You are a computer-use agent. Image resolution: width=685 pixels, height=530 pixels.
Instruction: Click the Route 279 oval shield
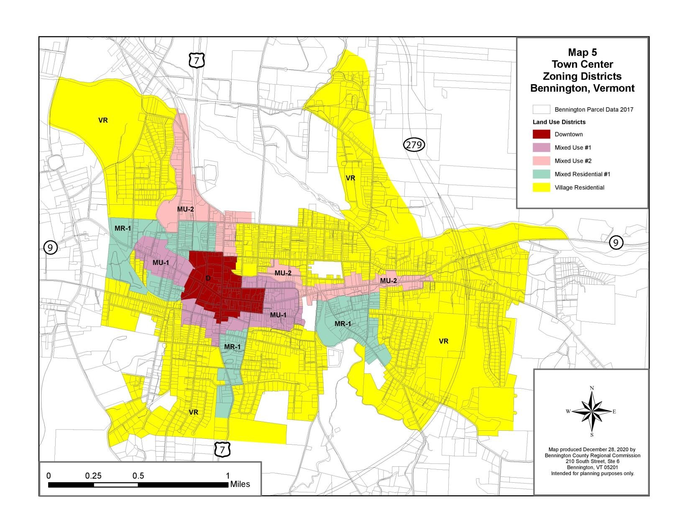tap(414, 145)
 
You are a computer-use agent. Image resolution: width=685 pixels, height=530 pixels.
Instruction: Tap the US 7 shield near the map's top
tap(196, 60)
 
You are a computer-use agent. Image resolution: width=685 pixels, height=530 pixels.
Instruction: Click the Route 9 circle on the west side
tap(50, 248)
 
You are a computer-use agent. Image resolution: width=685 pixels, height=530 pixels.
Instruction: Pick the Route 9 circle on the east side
tap(616, 242)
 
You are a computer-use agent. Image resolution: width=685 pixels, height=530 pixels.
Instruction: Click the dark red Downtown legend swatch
tap(541, 134)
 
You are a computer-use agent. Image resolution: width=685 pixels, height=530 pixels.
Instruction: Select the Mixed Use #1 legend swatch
tap(541, 148)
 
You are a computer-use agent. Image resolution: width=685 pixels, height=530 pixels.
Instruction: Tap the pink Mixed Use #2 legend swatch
tap(541, 161)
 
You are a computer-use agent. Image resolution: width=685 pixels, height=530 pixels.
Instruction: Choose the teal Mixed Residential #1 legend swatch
tap(541, 174)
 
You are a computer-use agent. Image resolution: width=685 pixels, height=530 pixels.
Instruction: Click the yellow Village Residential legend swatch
tap(541, 188)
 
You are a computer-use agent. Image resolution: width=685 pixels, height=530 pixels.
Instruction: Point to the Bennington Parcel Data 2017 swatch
tap(541, 110)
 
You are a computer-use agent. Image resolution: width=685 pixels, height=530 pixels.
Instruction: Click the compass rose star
tap(592, 411)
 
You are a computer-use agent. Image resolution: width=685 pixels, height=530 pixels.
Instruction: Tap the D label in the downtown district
tap(208, 278)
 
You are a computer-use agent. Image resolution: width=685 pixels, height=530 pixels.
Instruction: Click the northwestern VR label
tap(103, 120)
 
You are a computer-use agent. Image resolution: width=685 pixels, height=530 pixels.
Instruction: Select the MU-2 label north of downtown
tap(185, 208)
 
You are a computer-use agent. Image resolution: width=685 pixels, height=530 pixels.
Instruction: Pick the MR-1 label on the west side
tap(123, 228)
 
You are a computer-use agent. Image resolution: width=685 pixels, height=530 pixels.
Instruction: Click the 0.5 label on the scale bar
tap(138, 476)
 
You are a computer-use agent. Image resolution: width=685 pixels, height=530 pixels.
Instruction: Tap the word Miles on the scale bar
tap(240, 484)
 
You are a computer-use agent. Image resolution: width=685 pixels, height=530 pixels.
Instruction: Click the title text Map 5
tap(582, 52)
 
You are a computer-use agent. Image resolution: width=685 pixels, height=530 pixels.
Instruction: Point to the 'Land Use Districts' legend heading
tap(559, 122)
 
